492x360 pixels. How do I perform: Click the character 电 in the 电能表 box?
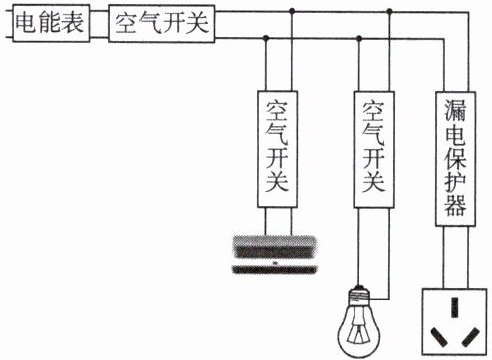point(27,23)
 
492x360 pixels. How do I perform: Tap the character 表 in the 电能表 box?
point(72,23)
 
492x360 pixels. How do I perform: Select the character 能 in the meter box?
point(50,23)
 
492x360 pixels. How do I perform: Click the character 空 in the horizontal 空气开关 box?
point(126,23)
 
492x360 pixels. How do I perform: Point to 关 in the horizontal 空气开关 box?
point(197,23)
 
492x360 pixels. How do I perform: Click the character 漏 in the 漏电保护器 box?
point(456,110)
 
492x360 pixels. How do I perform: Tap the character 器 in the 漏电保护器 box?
point(456,205)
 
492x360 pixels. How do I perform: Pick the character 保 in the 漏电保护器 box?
point(456,159)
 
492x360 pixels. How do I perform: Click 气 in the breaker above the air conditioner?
point(277,135)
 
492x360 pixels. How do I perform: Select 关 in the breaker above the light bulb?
point(374,181)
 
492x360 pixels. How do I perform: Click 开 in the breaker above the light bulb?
point(374,158)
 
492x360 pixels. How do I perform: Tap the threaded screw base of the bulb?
point(359,295)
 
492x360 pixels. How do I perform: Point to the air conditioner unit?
point(275,255)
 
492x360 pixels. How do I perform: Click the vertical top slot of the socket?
point(455,307)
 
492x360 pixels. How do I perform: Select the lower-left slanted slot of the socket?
point(438,337)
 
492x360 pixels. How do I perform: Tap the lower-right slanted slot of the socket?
point(471,337)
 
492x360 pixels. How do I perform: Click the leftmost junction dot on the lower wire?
point(265,38)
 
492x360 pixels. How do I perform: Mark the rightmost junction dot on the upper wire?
point(390,12)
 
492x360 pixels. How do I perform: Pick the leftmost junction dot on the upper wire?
point(292,11)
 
